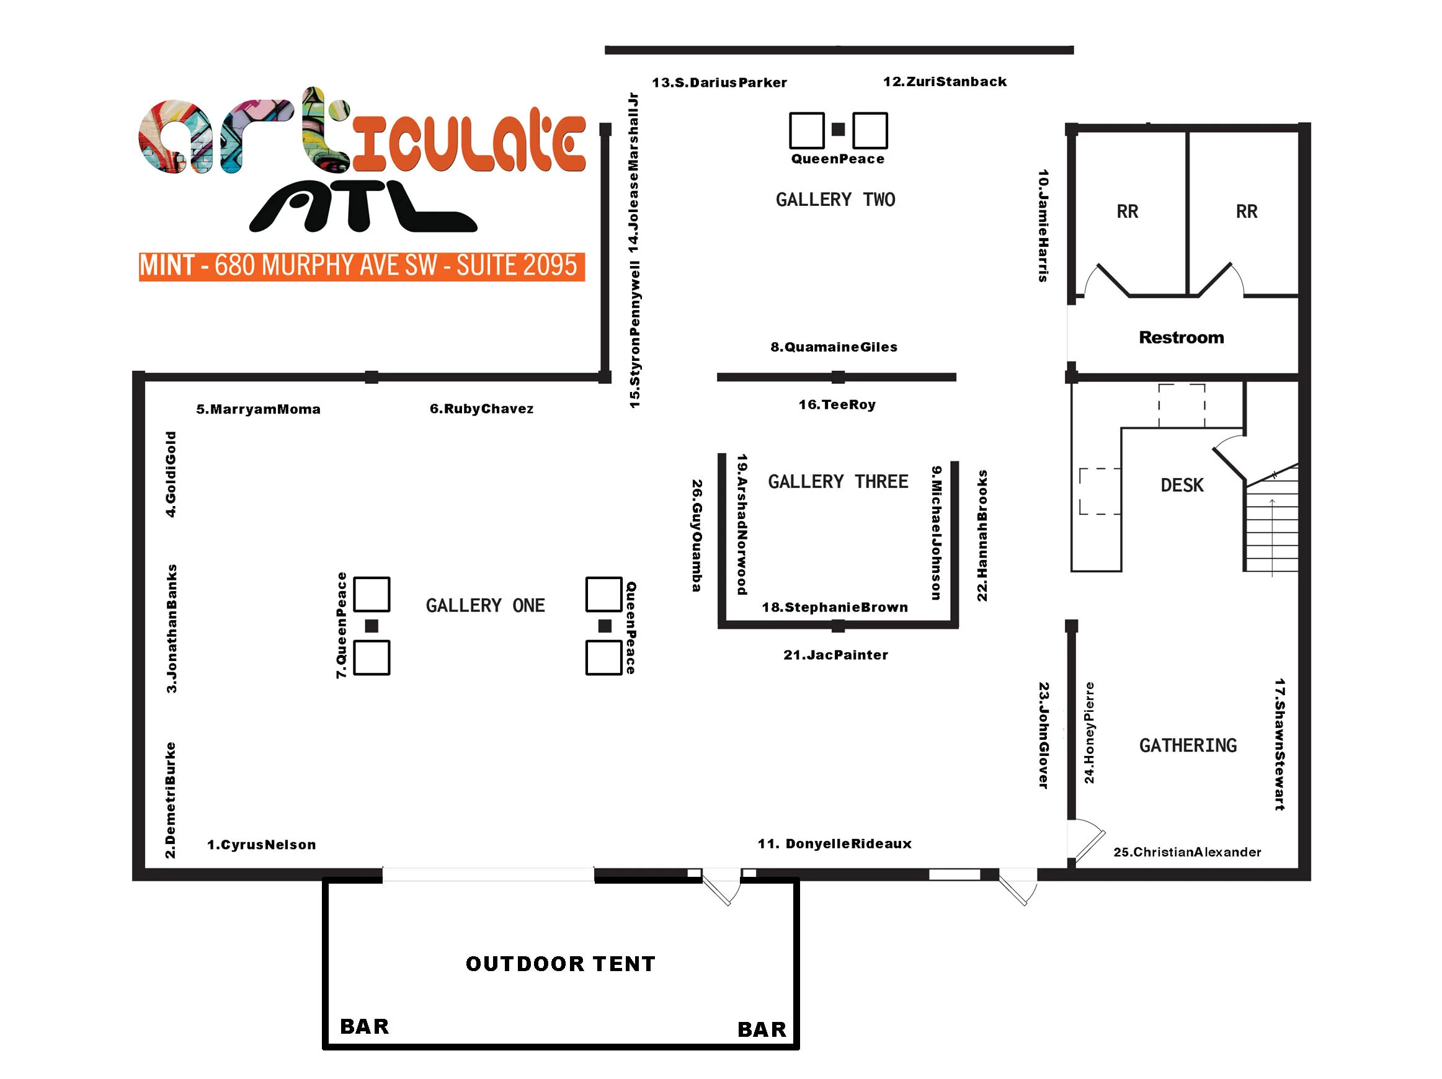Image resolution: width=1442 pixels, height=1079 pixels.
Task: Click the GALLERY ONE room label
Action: point(485,605)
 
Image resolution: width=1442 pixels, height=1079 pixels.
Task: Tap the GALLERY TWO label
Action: point(835,200)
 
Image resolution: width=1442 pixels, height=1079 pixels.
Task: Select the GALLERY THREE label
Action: point(838,481)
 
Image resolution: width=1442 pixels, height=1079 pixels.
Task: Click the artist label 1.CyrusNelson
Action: point(261,845)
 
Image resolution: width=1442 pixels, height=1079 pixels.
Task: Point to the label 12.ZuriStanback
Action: point(945,81)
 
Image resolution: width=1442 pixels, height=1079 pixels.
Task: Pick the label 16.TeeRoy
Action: point(837,404)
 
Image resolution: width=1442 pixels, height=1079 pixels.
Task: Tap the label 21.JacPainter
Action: point(835,655)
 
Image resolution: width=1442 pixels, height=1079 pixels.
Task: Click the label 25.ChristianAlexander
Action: point(1187,851)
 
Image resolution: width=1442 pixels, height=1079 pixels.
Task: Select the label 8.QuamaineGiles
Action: point(834,347)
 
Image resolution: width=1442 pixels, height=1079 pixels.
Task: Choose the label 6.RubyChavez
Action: point(481,408)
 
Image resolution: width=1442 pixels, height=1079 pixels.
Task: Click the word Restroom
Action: point(1182,337)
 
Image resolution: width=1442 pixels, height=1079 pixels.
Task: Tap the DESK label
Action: point(1182,485)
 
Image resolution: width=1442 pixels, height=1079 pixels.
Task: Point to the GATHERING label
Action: point(1188,745)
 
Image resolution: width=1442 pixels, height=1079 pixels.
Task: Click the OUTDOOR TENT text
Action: point(561,964)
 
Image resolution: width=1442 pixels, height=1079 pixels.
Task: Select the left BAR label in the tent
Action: point(365,1026)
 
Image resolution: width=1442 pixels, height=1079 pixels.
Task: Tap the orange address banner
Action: point(361,266)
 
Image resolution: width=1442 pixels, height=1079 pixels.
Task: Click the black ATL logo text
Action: point(362,206)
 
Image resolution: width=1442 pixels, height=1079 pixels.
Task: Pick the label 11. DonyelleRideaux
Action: point(834,843)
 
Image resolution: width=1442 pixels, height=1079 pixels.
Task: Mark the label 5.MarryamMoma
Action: point(258,409)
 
